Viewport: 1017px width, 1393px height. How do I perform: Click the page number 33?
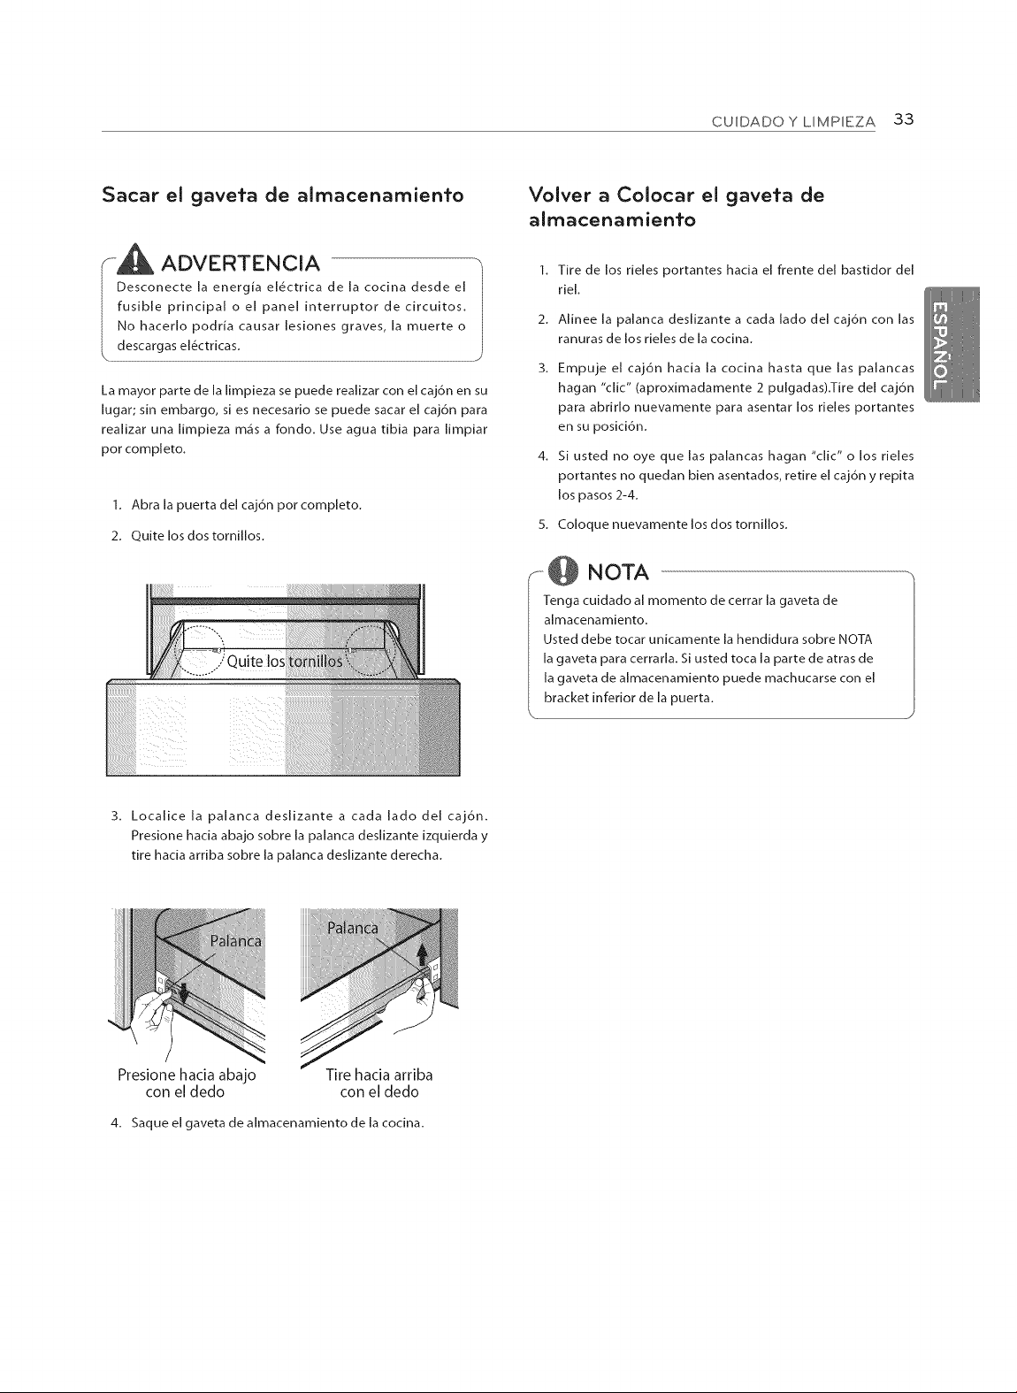coord(903,119)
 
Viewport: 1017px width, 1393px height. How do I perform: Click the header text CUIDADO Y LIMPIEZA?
coord(793,122)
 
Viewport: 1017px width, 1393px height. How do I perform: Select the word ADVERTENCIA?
coord(241,264)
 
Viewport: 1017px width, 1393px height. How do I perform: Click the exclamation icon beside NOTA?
coord(563,571)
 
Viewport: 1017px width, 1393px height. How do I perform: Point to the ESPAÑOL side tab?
coord(951,345)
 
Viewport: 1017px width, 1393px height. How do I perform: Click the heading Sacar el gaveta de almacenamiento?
coord(283,195)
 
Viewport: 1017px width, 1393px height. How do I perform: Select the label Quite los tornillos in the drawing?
coord(285,661)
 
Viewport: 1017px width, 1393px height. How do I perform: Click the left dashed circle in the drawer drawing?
coord(199,651)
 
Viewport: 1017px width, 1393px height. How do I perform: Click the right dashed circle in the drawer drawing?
coord(371,650)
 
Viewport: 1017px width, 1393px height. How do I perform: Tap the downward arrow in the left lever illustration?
coord(183,994)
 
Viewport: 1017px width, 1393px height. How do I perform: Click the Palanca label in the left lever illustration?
coord(235,941)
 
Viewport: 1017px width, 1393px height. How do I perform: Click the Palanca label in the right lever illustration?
coord(353,929)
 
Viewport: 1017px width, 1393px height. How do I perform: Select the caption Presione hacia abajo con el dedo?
coord(187,1083)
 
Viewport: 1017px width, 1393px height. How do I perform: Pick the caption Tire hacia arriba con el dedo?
coord(379,1083)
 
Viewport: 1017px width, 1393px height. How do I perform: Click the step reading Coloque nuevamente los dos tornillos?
coord(663,524)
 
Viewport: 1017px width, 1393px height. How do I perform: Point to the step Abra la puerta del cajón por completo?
coord(237,505)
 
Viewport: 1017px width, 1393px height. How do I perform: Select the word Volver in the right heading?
coord(560,195)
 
